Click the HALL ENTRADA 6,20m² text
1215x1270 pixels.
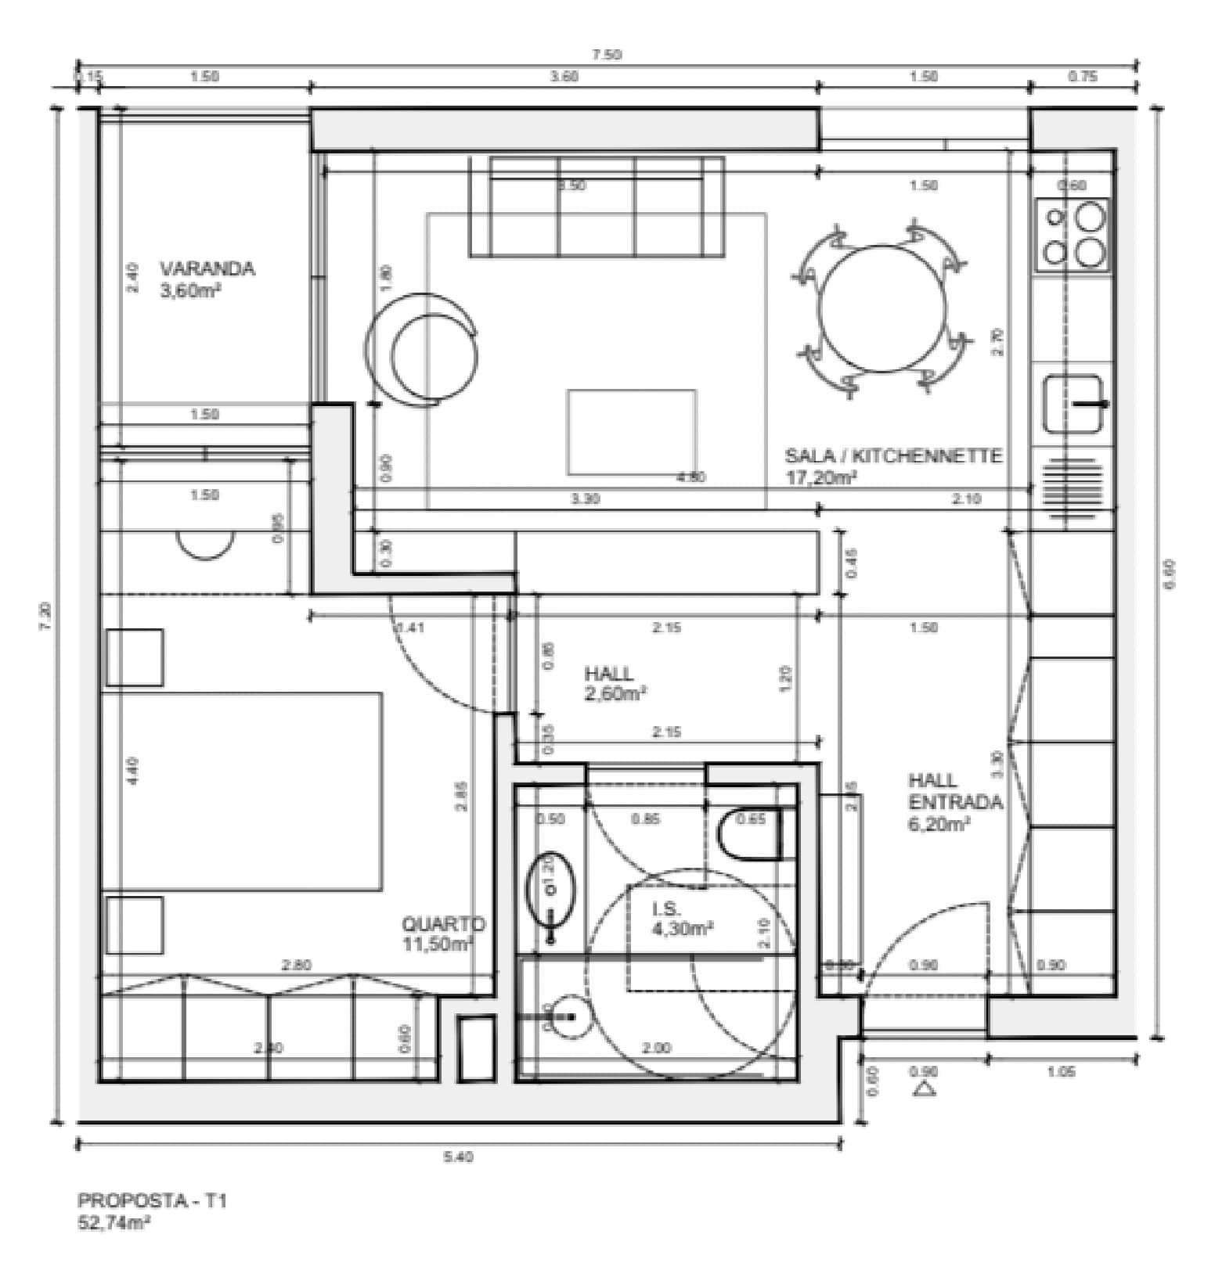(943, 802)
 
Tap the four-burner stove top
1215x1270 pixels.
(1073, 233)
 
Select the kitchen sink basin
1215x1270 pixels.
(1072, 404)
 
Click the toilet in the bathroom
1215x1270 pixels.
(749, 835)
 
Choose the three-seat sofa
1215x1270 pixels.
(597, 207)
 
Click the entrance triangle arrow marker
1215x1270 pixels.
(925, 1088)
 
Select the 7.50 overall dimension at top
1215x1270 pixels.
(606, 54)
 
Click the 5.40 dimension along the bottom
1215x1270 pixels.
(459, 1157)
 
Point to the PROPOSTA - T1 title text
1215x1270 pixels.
(152, 1200)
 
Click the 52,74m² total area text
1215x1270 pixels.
(114, 1223)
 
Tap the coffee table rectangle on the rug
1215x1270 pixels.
(632, 432)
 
